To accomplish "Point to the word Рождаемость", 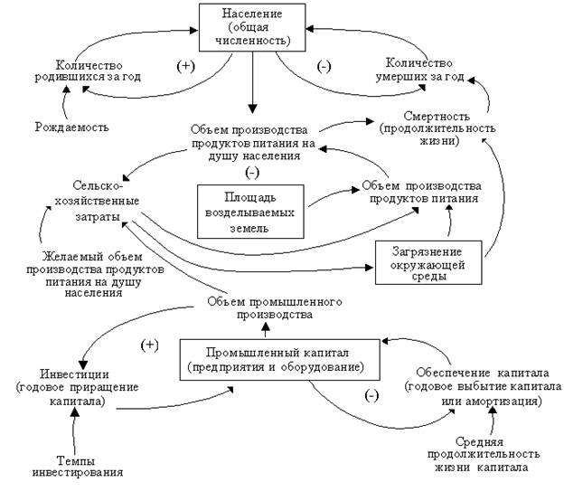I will coord(72,126).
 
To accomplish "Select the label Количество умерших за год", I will coord(425,71).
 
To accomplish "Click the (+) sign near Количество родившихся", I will coord(184,67).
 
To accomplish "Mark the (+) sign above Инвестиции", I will coord(151,346).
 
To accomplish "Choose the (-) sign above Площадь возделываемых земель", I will coord(250,173).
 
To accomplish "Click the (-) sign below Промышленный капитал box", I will coord(369,395).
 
